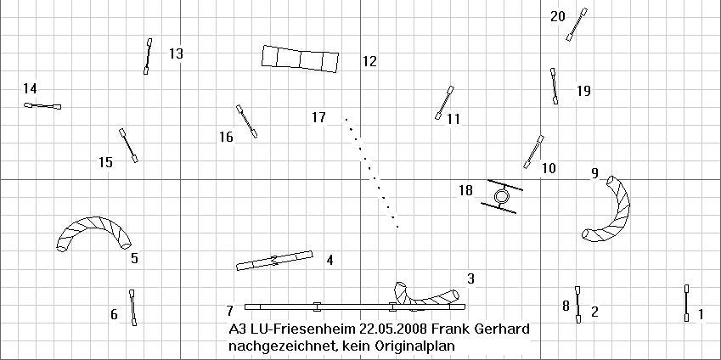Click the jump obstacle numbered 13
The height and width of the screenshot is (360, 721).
coord(148,56)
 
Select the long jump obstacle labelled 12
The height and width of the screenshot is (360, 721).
coord(301,59)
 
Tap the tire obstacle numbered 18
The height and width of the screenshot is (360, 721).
coord(502,196)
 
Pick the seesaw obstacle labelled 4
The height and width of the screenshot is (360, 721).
coord(274,261)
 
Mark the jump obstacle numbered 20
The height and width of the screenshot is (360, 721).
coord(577,25)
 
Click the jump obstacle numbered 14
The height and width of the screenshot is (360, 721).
coord(42,106)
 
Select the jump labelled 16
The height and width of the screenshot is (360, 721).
coord(246,121)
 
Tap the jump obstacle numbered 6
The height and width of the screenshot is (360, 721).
coord(132,307)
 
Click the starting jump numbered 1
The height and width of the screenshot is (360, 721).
coord(686,303)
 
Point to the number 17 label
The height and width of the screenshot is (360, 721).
coord(318,118)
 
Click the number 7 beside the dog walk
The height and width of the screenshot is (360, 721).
coord(230,312)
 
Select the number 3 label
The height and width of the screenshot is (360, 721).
coord(470,278)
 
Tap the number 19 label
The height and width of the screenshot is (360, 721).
coord(583,91)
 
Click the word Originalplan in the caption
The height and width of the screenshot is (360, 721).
coord(417,345)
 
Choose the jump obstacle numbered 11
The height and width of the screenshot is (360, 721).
coord(445,103)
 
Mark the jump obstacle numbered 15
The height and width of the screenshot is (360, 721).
coord(128,145)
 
